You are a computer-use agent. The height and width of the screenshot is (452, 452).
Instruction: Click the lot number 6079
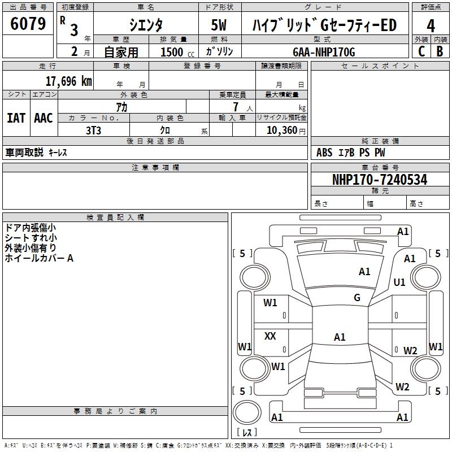(x=28, y=24)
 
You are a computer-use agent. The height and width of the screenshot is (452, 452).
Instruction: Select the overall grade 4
(x=431, y=26)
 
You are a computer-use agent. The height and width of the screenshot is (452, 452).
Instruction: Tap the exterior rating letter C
(x=421, y=51)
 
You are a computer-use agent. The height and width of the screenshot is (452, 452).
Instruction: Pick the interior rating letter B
(x=440, y=51)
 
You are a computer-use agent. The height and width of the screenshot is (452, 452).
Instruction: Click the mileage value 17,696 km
(x=69, y=81)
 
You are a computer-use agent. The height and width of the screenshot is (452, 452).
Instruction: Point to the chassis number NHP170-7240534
(x=380, y=180)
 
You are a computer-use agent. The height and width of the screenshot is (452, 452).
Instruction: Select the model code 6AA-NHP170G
(x=324, y=52)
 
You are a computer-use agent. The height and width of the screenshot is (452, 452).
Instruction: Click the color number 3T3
(x=93, y=131)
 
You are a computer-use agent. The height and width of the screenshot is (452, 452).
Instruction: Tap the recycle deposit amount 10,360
(x=281, y=131)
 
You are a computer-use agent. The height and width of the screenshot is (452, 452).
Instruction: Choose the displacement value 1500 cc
(x=177, y=52)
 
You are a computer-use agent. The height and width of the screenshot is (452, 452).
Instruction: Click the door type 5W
(x=219, y=25)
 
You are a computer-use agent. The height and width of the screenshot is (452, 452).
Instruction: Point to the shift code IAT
(x=16, y=118)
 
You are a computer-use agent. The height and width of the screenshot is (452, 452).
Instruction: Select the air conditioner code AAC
(x=44, y=118)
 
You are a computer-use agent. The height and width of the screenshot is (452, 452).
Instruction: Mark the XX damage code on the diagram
(x=270, y=336)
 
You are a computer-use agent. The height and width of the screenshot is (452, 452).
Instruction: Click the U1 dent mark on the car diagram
(x=399, y=282)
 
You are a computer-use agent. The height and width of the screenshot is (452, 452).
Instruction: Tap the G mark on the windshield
(x=357, y=297)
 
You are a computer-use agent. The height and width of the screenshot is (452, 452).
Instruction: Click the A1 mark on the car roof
(x=340, y=337)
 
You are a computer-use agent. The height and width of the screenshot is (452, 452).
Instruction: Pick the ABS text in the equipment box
(x=324, y=153)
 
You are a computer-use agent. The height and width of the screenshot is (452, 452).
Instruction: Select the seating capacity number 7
(x=236, y=107)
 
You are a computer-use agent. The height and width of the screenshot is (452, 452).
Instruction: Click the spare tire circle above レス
(x=247, y=412)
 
